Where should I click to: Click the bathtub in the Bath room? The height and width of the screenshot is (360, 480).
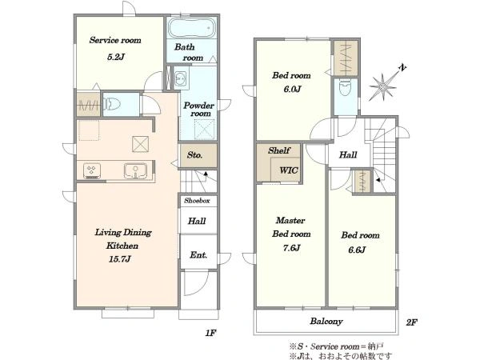[x=191, y=28]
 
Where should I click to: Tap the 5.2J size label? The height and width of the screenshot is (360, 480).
[x=116, y=57]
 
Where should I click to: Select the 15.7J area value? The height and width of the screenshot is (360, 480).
[x=120, y=259]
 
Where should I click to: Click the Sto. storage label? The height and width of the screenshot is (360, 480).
[x=194, y=155]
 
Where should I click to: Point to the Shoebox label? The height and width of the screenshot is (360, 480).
[x=197, y=201]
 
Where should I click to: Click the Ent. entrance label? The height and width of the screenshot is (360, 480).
[x=198, y=255]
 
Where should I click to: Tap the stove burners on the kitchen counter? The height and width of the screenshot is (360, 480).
[x=92, y=171]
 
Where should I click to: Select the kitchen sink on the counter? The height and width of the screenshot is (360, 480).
[x=135, y=170]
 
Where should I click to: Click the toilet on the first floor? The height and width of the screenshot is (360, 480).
[x=112, y=104]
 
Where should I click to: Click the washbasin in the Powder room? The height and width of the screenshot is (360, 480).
[x=182, y=78]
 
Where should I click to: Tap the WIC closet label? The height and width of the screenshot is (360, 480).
[x=289, y=170]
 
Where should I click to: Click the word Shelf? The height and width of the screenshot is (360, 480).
[x=279, y=150]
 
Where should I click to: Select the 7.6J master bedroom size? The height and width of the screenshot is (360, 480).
[x=291, y=248]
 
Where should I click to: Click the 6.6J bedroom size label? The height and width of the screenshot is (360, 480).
[x=357, y=250]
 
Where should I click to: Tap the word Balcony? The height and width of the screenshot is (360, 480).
[x=326, y=322]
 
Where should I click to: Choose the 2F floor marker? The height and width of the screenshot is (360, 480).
[x=412, y=322]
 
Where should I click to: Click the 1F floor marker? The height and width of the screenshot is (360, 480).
[x=210, y=333]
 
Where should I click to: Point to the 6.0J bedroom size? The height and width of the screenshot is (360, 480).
[x=293, y=89]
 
